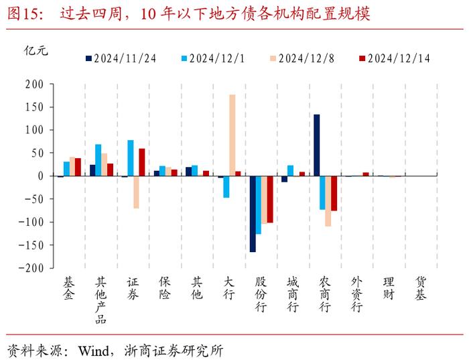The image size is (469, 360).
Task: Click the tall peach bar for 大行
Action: [232, 135]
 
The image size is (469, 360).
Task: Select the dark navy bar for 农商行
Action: [316, 145]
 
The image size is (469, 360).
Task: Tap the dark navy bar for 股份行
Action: [253, 214]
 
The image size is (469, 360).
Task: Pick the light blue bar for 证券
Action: [130, 158]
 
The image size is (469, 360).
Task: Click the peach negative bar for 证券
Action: [136, 192]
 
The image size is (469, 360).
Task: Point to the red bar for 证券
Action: [142, 162]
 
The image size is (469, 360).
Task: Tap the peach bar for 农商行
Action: [328, 201]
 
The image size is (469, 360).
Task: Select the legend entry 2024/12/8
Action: [302, 58]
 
